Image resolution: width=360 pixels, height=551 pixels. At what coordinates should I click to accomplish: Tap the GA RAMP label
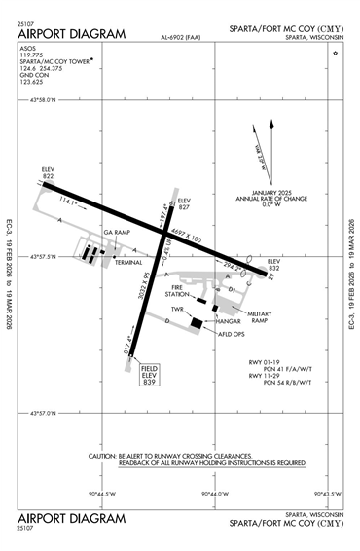[x=116, y=235]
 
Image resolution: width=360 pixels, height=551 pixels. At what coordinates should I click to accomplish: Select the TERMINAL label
[x=128, y=263]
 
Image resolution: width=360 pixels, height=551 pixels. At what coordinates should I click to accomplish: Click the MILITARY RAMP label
[x=258, y=318]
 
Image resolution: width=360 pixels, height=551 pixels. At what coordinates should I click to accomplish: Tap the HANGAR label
[x=229, y=319]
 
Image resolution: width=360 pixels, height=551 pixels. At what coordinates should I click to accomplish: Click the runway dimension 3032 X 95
[x=146, y=301]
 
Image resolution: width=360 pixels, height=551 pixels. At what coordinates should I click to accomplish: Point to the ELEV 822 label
[x=48, y=171]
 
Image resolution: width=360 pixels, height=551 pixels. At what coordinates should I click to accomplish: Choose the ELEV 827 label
[x=185, y=203]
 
